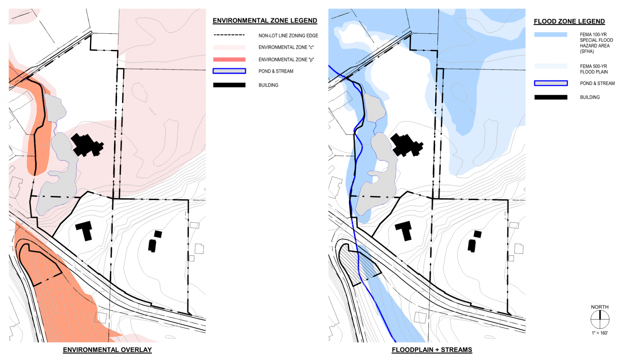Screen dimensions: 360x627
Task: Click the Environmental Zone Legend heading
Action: [x=265, y=21]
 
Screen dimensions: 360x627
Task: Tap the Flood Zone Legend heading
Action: [x=569, y=22]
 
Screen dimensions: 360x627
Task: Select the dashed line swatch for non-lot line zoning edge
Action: [x=229, y=35]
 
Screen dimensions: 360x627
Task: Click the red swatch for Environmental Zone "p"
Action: [x=229, y=60]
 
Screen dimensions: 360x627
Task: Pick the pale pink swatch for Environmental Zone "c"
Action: [x=229, y=47]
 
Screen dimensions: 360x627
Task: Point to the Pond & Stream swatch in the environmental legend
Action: [x=229, y=71]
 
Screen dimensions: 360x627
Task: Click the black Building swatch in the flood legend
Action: [x=551, y=97]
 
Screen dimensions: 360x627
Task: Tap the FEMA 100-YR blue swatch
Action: [x=551, y=35]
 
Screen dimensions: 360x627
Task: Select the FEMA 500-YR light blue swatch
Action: [x=551, y=66]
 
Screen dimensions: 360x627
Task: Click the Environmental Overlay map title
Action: [x=107, y=350]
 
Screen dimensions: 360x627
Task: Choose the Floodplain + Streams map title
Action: [x=432, y=350]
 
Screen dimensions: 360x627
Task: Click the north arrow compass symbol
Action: [x=600, y=320]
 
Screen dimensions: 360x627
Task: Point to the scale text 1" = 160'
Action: [x=600, y=333]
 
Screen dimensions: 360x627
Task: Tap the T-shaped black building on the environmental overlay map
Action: [x=85, y=229]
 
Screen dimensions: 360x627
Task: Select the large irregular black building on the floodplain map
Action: [x=406, y=145]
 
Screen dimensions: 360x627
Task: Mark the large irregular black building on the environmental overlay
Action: [x=86, y=145]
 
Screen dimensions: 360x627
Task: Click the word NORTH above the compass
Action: [x=600, y=307]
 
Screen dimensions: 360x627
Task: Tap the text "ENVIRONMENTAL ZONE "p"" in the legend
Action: [x=286, y=60]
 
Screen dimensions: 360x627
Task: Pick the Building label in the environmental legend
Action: [x=268, y=85]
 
